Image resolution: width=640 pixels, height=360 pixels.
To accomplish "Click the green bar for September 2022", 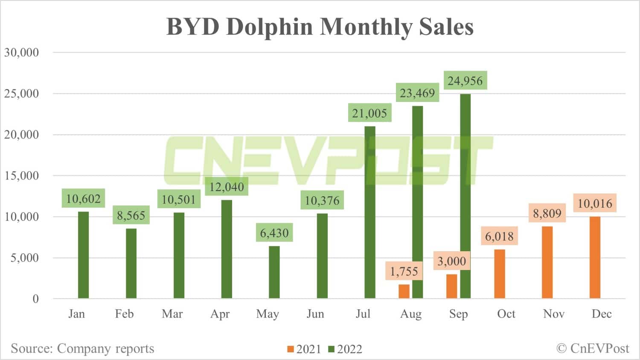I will coord(465,196).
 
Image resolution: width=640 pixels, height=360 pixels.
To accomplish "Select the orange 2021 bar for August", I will coord(404,291).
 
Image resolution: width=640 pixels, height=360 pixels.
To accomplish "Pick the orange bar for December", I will coord(595,258).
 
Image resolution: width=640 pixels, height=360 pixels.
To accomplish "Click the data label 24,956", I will coord(465,81).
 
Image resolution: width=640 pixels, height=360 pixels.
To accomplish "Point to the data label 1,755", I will coord(404,271).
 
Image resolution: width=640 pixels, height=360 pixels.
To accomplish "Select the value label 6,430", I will coord(274,233).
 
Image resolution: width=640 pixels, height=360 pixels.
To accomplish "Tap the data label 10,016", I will coord(595,203).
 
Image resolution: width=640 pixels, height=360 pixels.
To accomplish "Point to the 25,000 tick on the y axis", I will coord(21,93).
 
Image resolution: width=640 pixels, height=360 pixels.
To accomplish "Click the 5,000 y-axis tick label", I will coord(24,258).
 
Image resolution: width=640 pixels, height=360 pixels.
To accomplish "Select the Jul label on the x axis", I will coord(363,314).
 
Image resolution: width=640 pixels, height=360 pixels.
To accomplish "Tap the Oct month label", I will coord(506,314).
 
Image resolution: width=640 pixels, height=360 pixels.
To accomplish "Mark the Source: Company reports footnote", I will coord(82,348).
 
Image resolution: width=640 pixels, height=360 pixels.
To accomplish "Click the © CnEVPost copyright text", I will coord(593,348).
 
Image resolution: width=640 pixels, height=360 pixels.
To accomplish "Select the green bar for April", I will coord(227,249).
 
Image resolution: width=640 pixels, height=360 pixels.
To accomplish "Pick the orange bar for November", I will coord(547,262).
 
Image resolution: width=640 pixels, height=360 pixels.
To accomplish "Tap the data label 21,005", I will coord(369,113).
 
